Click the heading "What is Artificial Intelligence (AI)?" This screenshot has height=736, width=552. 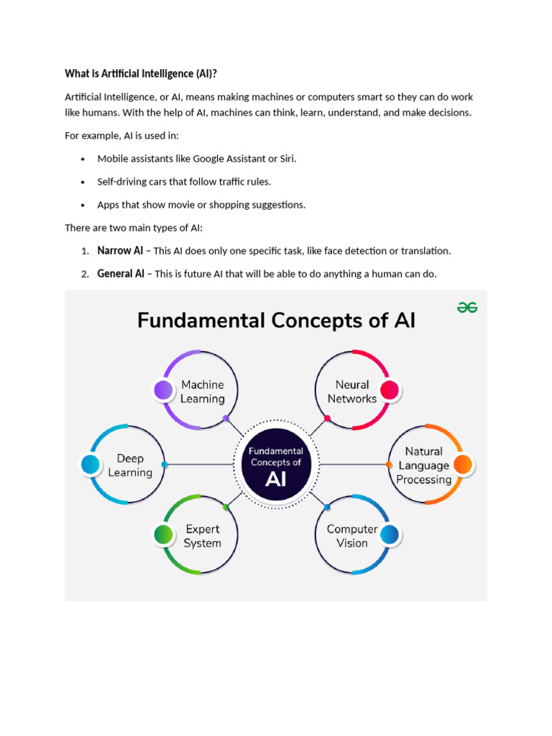coord(141,73)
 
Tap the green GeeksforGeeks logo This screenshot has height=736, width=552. coord(467,308)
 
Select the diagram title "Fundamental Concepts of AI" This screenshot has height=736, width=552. coord(276,320)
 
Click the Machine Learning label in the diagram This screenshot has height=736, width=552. coord(203,392)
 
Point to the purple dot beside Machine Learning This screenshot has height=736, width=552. coord(164,390)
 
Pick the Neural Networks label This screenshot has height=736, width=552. coord(352,392)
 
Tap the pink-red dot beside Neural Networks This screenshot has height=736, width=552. coord(390,390)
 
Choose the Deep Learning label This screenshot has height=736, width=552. coord(130,466)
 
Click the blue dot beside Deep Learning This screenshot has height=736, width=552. coord(91,465)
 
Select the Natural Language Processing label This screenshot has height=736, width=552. coord(423,465)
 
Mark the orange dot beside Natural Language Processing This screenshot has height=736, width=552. coord(463,465)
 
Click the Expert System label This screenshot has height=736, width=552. coord(202,536)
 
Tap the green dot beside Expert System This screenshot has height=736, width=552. coord(164,535)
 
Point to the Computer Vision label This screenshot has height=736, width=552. coord(351,536)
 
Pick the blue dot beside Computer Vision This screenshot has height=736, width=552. coord(389,535)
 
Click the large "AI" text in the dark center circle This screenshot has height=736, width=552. coord(276,479)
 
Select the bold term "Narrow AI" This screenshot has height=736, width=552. coord(120,251)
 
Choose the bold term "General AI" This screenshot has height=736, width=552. coord(121,274)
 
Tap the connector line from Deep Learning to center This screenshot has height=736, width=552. coord(201,465)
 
